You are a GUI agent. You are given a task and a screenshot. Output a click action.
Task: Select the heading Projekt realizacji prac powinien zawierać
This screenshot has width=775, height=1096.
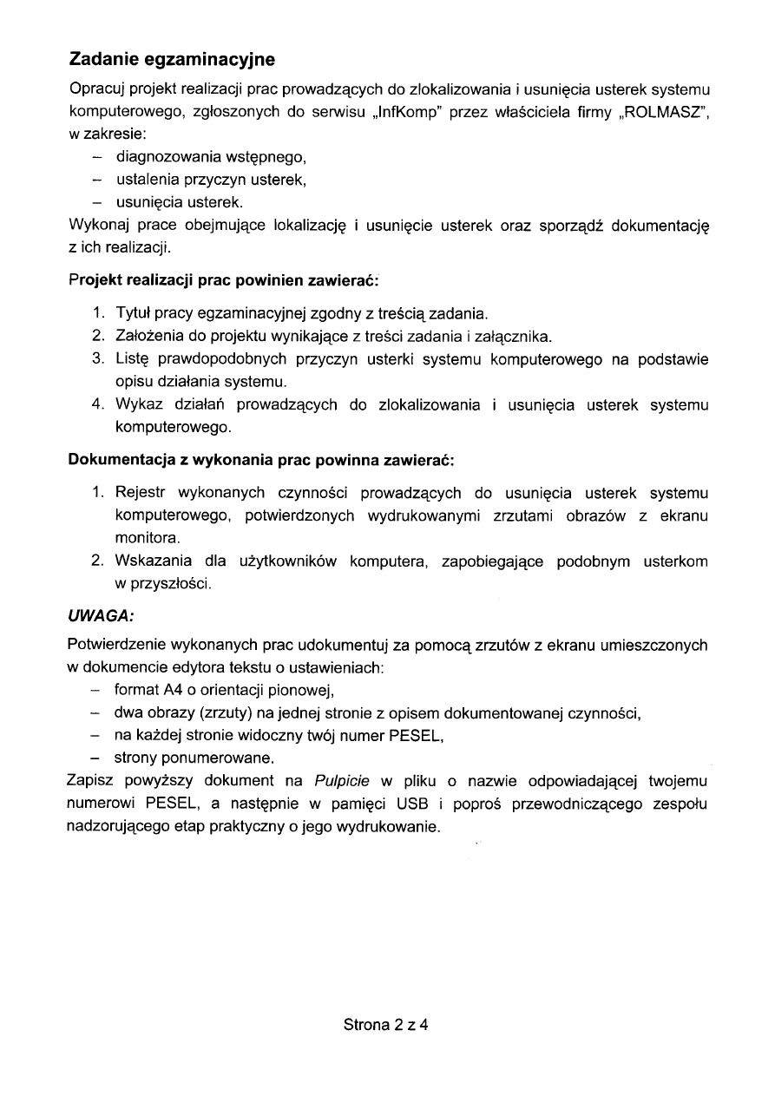pos(224,281)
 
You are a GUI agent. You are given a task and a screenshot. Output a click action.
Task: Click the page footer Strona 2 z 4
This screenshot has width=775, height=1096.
pos(387,1025)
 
